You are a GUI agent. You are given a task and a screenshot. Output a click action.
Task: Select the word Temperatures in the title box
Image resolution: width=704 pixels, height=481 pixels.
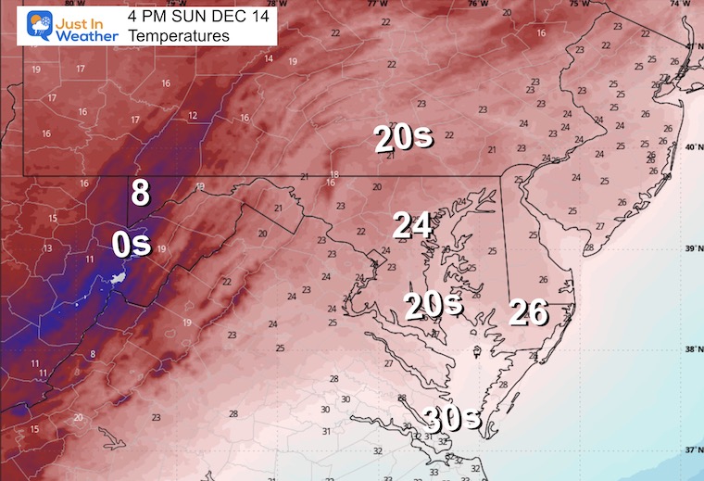point(178,36)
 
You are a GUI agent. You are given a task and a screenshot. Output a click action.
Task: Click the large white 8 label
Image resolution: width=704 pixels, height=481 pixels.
point(140,193)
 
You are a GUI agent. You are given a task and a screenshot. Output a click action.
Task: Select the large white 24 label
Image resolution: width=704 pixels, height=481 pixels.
point(413,224)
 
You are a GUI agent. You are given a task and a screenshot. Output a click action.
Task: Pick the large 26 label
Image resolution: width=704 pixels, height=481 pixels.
point(528,313)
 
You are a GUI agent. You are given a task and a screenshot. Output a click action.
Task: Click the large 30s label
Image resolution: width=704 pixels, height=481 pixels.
point(453,418)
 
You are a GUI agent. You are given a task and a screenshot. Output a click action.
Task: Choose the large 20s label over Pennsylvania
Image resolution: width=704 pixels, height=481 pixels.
point(403,138)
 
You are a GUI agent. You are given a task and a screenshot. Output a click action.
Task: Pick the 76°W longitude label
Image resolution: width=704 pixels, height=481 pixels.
point(476,4)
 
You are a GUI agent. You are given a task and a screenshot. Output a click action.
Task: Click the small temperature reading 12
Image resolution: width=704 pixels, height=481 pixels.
point(193,116)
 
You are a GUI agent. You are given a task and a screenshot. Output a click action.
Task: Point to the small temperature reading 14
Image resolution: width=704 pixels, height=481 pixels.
point(269,58)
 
